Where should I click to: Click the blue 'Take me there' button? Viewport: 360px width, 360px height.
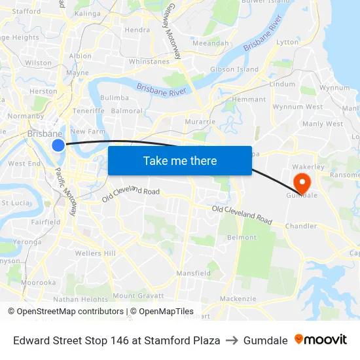click(179, 160)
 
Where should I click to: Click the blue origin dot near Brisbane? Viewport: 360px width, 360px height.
click(58, 145)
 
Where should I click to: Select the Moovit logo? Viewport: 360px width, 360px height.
click(321, 340)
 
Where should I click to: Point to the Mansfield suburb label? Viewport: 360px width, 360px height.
click(193, 273)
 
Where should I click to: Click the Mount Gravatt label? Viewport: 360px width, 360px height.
click(137, 296)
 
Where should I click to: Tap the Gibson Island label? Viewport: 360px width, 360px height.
click(234, 69)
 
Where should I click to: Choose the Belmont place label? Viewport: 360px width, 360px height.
click(241, 238)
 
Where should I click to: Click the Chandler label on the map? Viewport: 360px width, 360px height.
click(300, 226)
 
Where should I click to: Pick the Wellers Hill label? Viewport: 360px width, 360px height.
click(96, 253)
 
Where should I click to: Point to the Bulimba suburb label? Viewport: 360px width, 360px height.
click(115, 98)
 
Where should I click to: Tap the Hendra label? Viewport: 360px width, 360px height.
click(137, 29)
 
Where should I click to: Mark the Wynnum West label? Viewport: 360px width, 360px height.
click(297, 107)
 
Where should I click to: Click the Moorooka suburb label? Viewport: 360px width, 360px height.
click(38, 283)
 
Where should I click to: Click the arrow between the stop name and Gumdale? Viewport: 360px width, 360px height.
click(232, 340)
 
